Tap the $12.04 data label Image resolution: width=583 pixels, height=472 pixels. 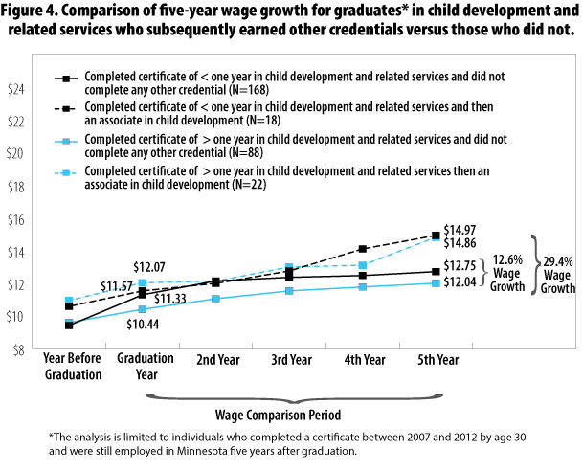(x=463, y=284)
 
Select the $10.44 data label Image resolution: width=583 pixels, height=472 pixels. (x=146, y=326)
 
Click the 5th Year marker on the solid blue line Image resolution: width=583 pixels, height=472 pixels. (x=435, y=283)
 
